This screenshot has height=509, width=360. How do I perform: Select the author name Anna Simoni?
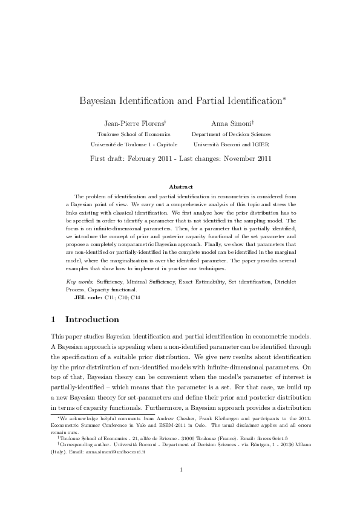[x=231, y=122]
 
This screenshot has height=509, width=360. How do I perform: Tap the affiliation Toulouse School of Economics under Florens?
[x=134, y=134]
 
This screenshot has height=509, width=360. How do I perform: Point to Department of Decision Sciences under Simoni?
[x=231, y=134]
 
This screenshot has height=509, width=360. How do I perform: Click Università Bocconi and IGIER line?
[x=231, y=145]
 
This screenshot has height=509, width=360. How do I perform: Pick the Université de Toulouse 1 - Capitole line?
[x=134, y=145]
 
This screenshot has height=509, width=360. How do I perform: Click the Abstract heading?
[x=180, y=187]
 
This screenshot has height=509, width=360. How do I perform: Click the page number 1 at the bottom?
[x=180, y=486]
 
